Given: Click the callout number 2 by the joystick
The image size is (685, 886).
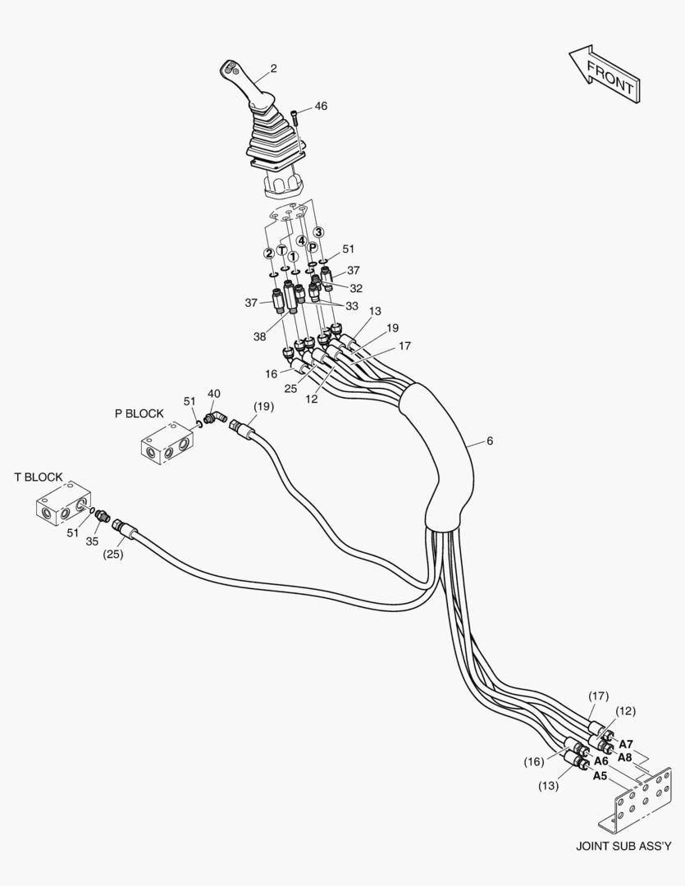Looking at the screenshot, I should [x=273, y=69].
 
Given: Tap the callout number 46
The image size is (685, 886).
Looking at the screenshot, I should [x=320, y=107].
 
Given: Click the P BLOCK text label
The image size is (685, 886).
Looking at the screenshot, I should [x=139, y=413].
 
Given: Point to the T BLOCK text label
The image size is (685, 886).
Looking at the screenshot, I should [x=39, y=477].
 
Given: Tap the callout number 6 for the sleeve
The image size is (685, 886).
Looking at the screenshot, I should [x=490, y=441].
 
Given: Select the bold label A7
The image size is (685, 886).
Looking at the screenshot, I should [x=625, y=744].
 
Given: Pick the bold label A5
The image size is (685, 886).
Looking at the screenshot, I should [x=600, y=776].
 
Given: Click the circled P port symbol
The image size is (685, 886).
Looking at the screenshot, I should [x=312, y=248].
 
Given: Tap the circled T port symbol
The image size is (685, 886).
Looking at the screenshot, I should [x=281, y=250].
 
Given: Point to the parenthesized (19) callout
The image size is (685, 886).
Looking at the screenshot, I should [x=263, y=407].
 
